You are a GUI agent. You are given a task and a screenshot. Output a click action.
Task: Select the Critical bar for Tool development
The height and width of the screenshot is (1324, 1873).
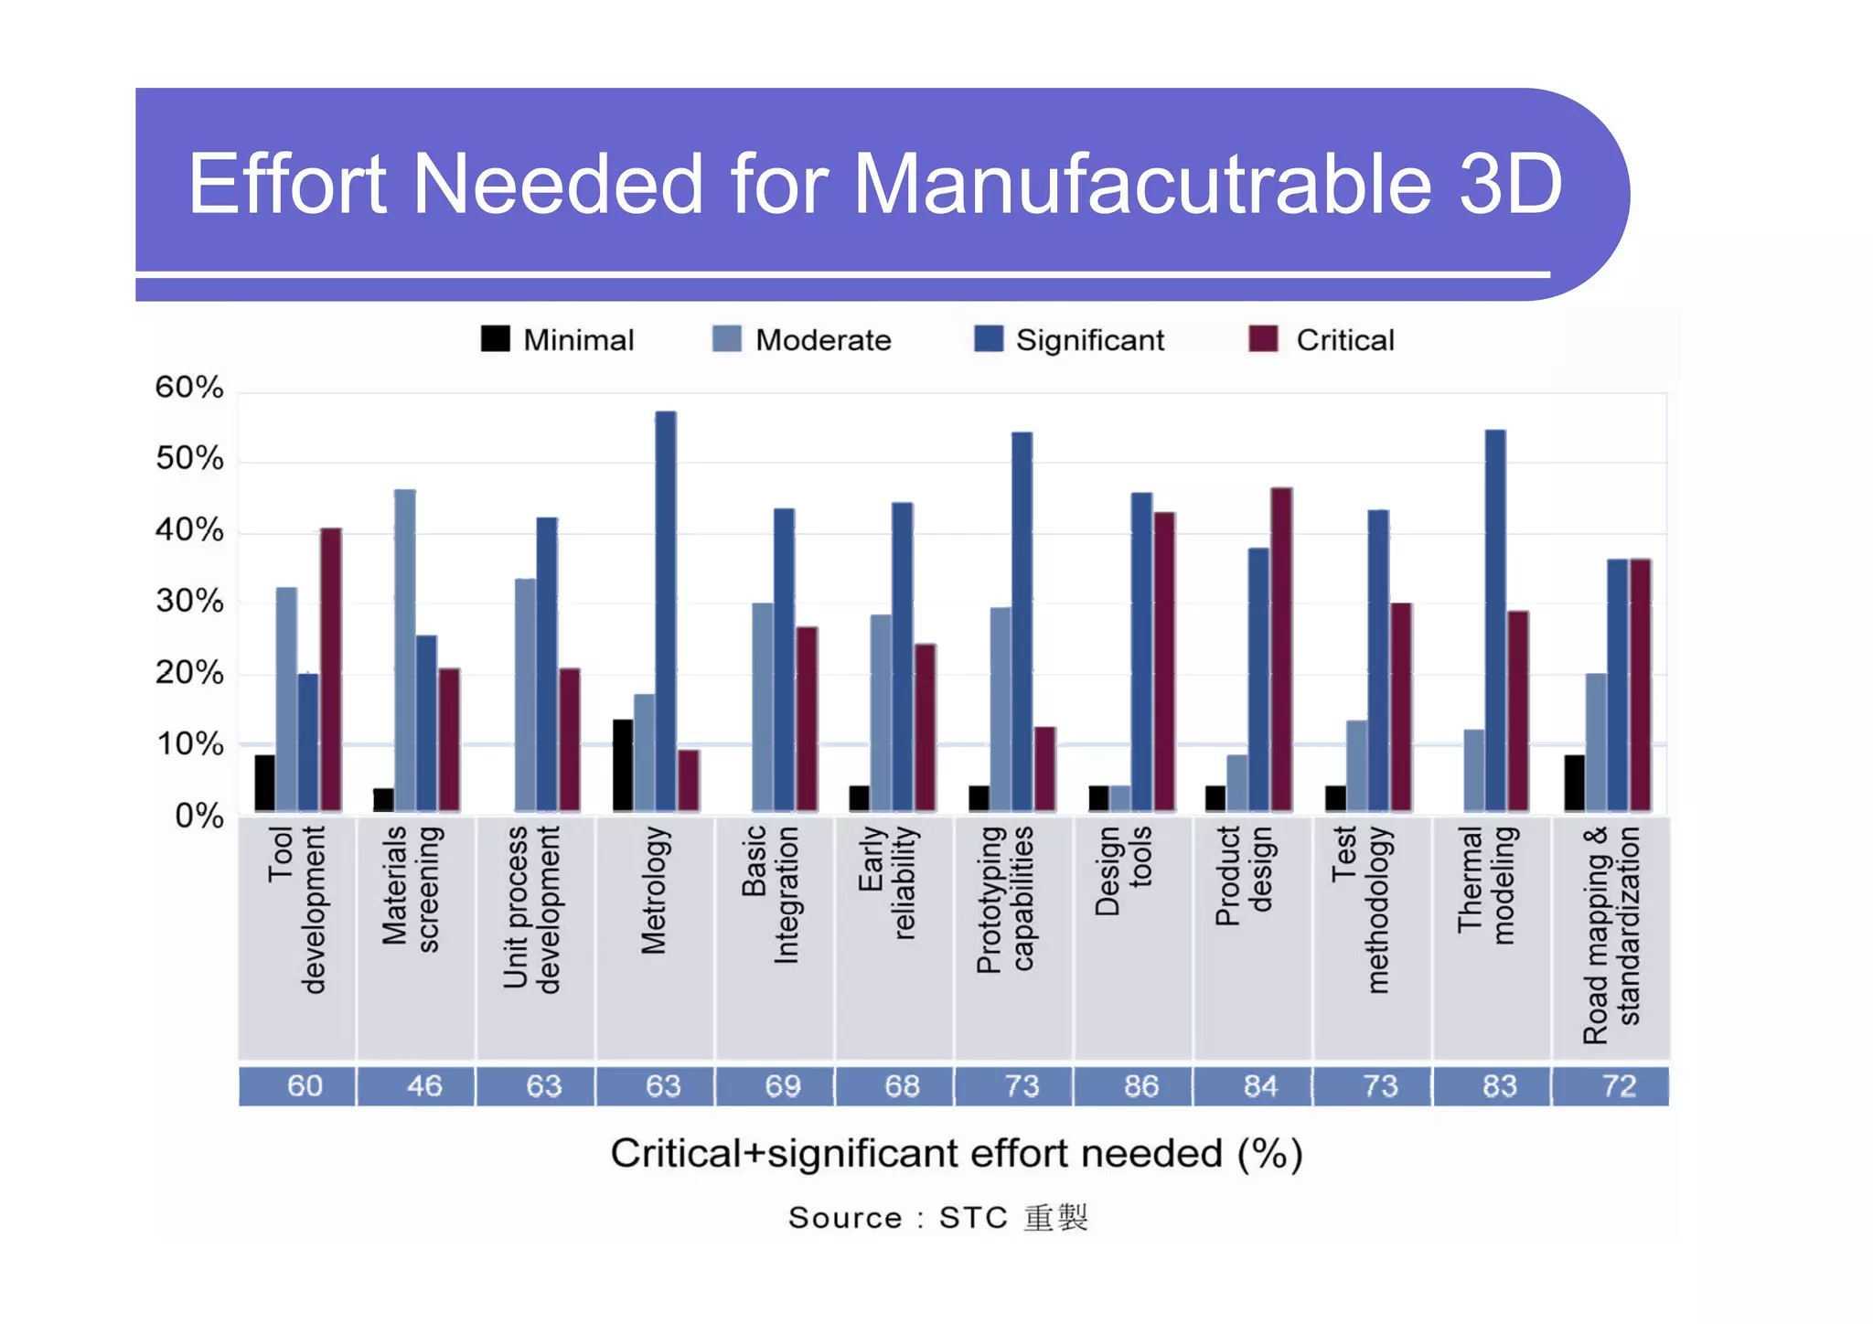click(331, 669)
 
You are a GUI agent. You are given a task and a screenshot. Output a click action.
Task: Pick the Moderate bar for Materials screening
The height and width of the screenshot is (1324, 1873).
click(404, 650)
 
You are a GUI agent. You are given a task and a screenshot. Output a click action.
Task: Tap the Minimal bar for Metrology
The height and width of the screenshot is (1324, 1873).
click(623, 765)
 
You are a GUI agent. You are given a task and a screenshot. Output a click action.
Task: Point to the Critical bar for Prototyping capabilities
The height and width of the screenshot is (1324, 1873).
click(1044, 769)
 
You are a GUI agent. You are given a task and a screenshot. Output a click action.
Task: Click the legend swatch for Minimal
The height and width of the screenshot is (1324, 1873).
click(495, 339)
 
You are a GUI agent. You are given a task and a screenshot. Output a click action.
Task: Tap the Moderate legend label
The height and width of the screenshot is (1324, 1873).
click(823, 340)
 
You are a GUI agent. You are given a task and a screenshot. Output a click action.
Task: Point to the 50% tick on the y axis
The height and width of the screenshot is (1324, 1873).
click(189, 458)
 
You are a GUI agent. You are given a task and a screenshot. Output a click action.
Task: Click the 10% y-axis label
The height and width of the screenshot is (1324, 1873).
click(189, 744)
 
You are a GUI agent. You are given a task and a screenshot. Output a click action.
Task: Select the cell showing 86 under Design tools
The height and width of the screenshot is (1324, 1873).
click(1140, 1086)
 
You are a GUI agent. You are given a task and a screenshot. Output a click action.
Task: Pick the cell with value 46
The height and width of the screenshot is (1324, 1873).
click(423, 1086)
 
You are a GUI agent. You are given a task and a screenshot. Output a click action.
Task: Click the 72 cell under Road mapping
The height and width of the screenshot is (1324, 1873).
click(1619, 1086)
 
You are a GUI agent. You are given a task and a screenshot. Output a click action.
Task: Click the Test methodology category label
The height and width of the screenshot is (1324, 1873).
click(1360, 909)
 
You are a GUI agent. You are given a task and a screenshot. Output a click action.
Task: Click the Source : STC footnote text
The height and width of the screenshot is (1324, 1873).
click(937, 1218)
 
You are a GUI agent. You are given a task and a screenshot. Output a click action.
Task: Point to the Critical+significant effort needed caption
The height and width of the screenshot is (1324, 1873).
click(956, 1154)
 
